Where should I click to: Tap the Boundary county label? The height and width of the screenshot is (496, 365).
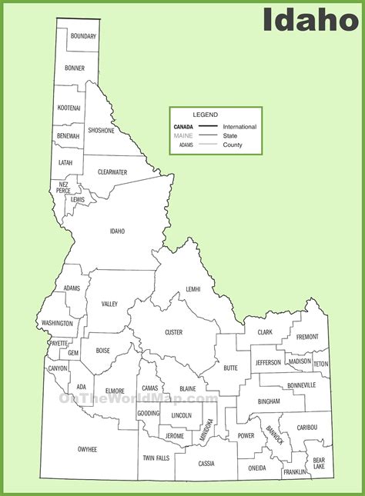click(x=82, y=36)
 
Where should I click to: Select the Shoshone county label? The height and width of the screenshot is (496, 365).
click(x=101, y=130)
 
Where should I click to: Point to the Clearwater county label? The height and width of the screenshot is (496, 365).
click(x=112, y=172)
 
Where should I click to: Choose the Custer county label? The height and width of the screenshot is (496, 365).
click(x=173, y=331)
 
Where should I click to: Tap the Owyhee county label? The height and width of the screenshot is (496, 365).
click(x=87, y=448)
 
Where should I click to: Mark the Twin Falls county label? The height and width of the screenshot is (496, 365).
click(x=155, y=458)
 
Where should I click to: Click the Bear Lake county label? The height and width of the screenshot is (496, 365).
click(x=319, y=463)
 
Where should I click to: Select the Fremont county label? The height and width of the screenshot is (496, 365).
click(x=306, y=336)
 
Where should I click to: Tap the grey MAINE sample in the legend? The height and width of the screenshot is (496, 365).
click(x=183, y=135)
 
